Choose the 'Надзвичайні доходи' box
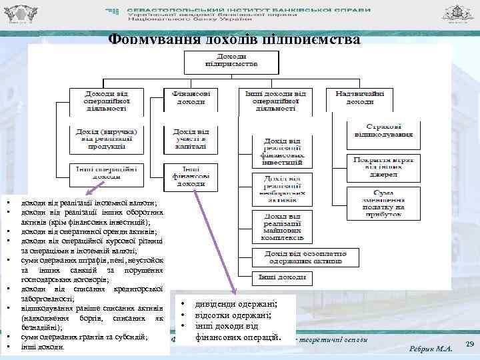click(360, 99)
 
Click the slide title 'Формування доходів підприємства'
click(234, 38)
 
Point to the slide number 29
click(468, 343)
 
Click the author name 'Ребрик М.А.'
click(431, 349)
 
